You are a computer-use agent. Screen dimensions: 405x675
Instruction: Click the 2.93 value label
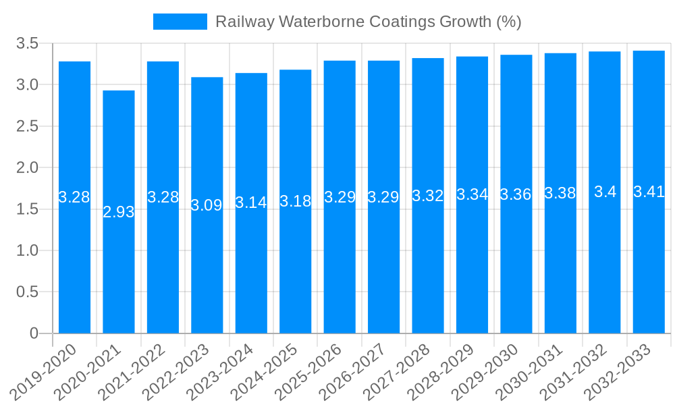pos(119,212)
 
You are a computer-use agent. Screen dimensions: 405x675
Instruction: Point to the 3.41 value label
pos(649,192)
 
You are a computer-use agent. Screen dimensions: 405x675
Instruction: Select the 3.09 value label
pos(207,205)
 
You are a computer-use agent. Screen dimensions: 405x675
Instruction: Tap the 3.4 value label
pos(605,192)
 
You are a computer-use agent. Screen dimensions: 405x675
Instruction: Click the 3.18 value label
pos(295,201)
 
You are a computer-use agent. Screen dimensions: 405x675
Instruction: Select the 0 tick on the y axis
pos(34,333)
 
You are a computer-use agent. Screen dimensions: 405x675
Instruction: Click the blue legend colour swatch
pos(180,22)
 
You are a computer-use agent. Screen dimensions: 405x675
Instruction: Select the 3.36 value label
pos(516,194)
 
